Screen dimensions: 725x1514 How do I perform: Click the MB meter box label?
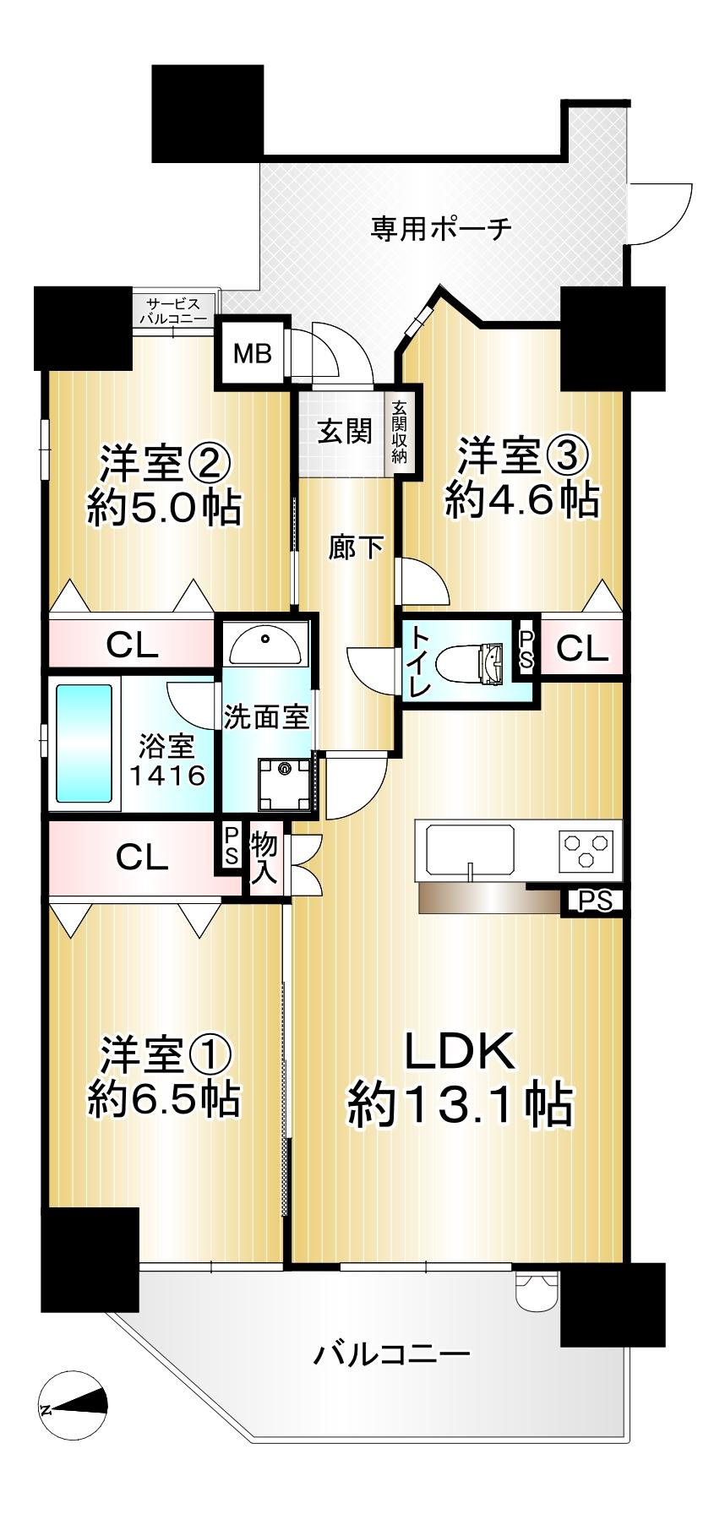coord(253,352)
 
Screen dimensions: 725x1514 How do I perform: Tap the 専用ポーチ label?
coord(441,228)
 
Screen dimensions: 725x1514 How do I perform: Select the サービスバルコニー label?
coord(173,311)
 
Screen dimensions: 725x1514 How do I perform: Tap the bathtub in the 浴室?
coord(84,743)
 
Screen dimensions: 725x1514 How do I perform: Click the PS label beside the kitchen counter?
coord(595,901)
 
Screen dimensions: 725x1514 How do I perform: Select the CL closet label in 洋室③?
coord(582,648)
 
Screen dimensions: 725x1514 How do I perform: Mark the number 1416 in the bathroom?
coord(167,774)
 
